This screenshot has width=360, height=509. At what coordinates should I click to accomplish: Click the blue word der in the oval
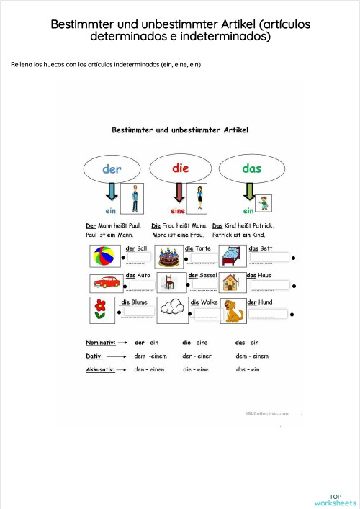tap(112, 169)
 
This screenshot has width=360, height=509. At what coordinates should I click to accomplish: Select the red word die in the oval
tap(181, 168)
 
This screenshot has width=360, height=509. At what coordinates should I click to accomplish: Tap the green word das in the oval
tap(251, 168)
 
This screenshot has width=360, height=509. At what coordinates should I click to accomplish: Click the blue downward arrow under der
tap(112, 192)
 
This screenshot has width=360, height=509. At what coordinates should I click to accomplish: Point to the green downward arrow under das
tap(249, 192)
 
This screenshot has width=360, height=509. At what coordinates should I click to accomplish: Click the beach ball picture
tap(104, 256)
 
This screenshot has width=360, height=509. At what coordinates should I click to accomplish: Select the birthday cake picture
tap(168, 257)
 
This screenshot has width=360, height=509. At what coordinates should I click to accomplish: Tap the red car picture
tap(107, 283)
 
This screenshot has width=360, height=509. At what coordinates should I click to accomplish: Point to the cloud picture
tap(172, 310)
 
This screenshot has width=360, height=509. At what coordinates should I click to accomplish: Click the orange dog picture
tap(233, 311)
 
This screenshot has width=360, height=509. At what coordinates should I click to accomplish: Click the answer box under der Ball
tap(139, 257)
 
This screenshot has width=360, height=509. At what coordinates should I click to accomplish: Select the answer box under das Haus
tap(270, 285)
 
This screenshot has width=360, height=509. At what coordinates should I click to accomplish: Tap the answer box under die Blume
tap(139, 312)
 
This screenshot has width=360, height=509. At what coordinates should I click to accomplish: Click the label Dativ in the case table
tap(94, 356)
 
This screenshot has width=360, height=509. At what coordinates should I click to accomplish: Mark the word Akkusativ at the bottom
tap(100, 370)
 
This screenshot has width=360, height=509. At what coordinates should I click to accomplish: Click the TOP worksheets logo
tap(335, 500)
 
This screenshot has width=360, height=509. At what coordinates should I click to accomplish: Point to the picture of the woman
tap(197, 199)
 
